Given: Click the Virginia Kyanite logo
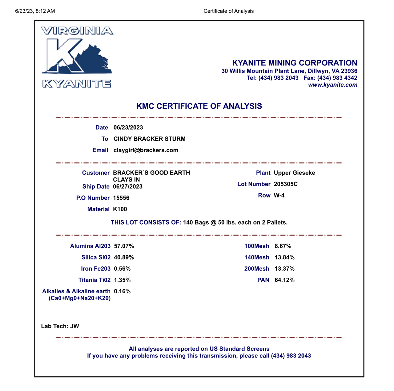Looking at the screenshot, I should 77,57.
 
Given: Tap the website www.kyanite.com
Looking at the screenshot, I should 332,85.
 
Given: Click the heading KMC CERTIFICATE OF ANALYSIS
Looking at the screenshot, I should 199,106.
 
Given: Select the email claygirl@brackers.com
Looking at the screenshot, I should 146,150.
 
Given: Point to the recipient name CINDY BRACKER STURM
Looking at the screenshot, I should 149,139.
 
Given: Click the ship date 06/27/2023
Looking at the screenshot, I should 127,186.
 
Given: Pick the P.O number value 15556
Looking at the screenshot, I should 121,198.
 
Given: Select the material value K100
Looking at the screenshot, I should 120,209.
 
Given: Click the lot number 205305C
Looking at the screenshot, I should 285,184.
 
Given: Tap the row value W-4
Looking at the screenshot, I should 279,195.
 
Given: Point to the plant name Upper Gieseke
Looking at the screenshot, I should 294,173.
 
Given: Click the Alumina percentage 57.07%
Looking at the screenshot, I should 124,246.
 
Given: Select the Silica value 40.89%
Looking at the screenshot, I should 124,257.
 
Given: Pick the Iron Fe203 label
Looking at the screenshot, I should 95,269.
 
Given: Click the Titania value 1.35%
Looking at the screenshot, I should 122,280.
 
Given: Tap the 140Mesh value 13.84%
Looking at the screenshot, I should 284,257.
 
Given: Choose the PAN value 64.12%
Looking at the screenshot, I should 284,280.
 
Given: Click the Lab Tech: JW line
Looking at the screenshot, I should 60,326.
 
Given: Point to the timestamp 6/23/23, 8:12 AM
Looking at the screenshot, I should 35,11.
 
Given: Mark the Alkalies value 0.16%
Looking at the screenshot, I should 122,291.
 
